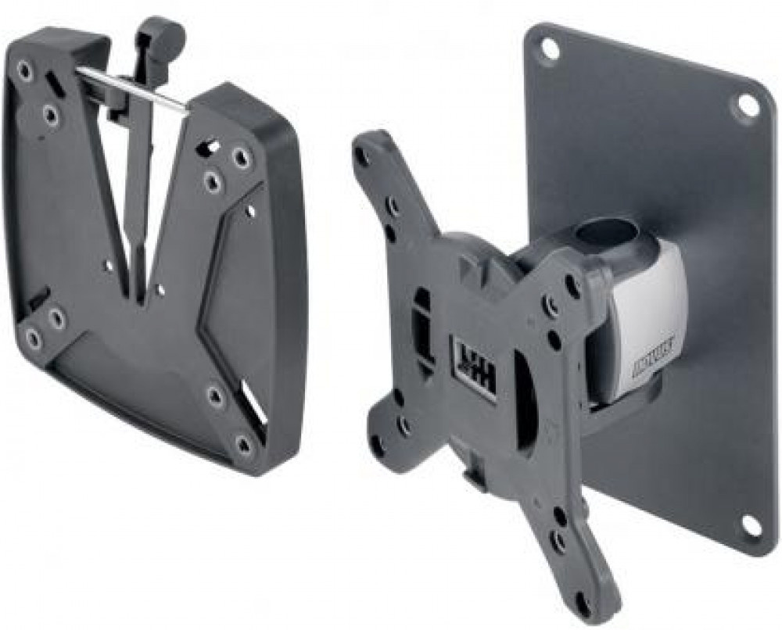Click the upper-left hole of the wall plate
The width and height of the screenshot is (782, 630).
click(550, 48)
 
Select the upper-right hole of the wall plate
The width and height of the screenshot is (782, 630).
click(748, 104)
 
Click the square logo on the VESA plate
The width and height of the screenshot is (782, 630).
click(474, 367)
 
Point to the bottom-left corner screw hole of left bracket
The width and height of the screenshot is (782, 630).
click(33, 338)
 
